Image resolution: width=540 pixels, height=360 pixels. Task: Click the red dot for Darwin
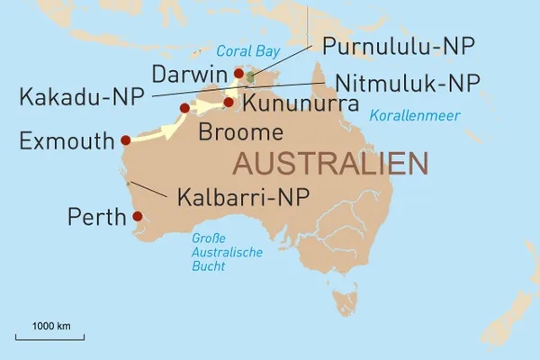(238, 74)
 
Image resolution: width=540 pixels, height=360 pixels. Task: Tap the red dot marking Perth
(137, 216)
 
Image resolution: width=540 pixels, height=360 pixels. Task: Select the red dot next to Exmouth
(125, 139)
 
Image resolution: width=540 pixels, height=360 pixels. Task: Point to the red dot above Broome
(184, 108)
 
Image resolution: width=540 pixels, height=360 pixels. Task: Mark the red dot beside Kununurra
(229, 102)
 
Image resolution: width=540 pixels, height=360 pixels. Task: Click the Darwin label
(188, 72)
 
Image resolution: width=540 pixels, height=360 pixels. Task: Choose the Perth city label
(96, 217)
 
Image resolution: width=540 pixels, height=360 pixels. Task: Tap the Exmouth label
(67, 140)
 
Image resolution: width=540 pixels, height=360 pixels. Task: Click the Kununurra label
(301, 105)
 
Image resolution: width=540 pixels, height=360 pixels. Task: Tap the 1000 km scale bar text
(52, 325)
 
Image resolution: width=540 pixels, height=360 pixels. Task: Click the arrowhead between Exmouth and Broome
(166, 132)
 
